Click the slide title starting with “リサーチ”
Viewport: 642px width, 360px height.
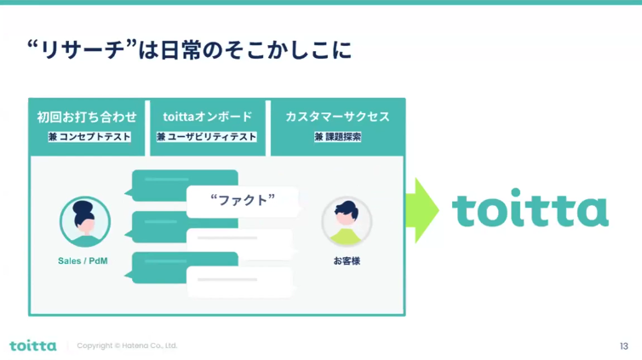click(x=189, y=50)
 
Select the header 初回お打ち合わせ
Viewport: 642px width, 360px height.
click(x=87, y=117)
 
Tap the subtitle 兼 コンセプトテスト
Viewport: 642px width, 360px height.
click(x=89, y=137)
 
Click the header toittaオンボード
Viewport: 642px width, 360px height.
click(x=208, y=117)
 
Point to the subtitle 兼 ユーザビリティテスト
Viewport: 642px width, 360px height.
click(x=207, y=137)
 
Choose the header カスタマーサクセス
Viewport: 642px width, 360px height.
click(x=337, y=117)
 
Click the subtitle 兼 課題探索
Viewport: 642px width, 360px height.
click(x=338, y=137)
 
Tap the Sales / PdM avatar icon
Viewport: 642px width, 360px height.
click(x=85, y=222)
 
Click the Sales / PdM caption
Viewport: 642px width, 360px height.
click(x=83, y=261)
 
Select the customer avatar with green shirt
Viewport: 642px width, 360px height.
click(x=347, y=222)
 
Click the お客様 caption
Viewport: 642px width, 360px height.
click(x=347, y=261)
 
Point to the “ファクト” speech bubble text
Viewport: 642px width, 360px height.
click(x=243, y=200)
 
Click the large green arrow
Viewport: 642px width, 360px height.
click(x=422, y=210)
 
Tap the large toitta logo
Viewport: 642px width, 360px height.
click(x=530, y=208)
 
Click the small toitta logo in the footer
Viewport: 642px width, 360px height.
click(x=33, y=346)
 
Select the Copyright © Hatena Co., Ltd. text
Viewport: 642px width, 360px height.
click(x=127, y=346)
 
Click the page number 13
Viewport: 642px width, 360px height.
click(x=624, y=346)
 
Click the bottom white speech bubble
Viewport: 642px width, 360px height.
click(x=240, y=282)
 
